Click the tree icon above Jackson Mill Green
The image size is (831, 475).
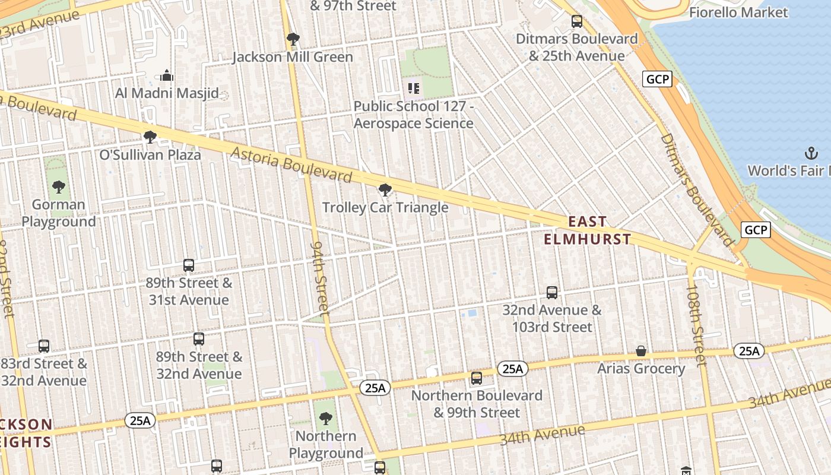(x=293, y=40)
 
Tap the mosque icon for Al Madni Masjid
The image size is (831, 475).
(x=167, y=75)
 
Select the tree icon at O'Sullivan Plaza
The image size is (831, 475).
(x=150, y=137)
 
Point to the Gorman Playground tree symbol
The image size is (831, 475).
(x=58, y=188)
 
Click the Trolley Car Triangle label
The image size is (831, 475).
(x=385, y=208)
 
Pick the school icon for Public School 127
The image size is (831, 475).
(x=414, y=88)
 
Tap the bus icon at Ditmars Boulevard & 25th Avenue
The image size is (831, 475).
(x=576, y=22)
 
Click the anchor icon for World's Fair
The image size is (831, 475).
(x=811, y=153)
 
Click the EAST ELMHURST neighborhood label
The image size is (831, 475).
(x=588, y=230)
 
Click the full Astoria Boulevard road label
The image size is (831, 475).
(x=291, y=164)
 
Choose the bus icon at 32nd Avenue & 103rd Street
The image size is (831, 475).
(x=552, y=293)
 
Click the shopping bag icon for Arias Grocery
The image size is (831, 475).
(x=641, y=351)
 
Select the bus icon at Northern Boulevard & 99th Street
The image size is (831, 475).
(x=476, y=378)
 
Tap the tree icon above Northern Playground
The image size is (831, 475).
(x=325, y=419)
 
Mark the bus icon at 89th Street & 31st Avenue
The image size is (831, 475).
(x=189, y=265)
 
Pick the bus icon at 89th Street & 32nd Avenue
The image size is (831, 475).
(x=199, y=339)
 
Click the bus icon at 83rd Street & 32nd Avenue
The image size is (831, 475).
(x=44, y=346)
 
